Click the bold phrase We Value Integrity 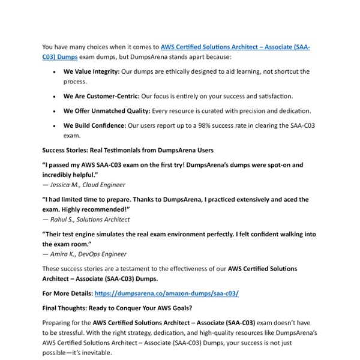point(91,71)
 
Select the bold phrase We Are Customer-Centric point(101,96)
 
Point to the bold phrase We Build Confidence point(94,125)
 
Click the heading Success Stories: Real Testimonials point(127,149)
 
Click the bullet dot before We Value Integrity point(55,71)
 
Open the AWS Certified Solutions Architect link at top point(234,46)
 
